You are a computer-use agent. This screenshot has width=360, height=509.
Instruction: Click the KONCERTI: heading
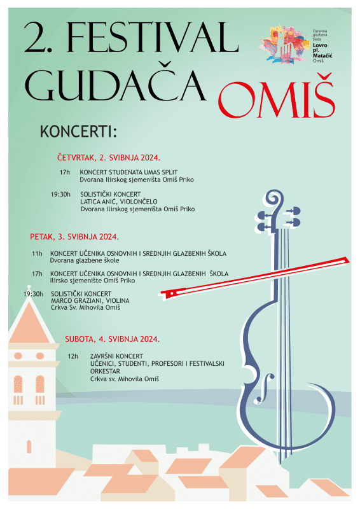[x=78, y=132]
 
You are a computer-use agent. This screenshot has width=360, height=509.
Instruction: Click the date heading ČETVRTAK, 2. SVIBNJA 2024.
[x=108, y=157]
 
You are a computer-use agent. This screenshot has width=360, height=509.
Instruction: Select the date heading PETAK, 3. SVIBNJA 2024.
[x=74, y=237]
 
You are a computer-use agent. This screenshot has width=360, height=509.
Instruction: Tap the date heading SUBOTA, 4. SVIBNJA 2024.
[x=112, y=339]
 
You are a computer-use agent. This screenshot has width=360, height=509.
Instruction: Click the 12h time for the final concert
[x=73, y=356]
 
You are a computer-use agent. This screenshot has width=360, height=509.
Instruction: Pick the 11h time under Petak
[x=37, y=253]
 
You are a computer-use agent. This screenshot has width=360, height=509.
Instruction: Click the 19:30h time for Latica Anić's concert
[x=60, y=193]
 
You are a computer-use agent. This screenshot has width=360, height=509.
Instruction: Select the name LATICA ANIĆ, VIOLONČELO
[x=119, y=201]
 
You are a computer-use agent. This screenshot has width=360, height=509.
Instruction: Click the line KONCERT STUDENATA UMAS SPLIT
[x=128, y=172]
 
